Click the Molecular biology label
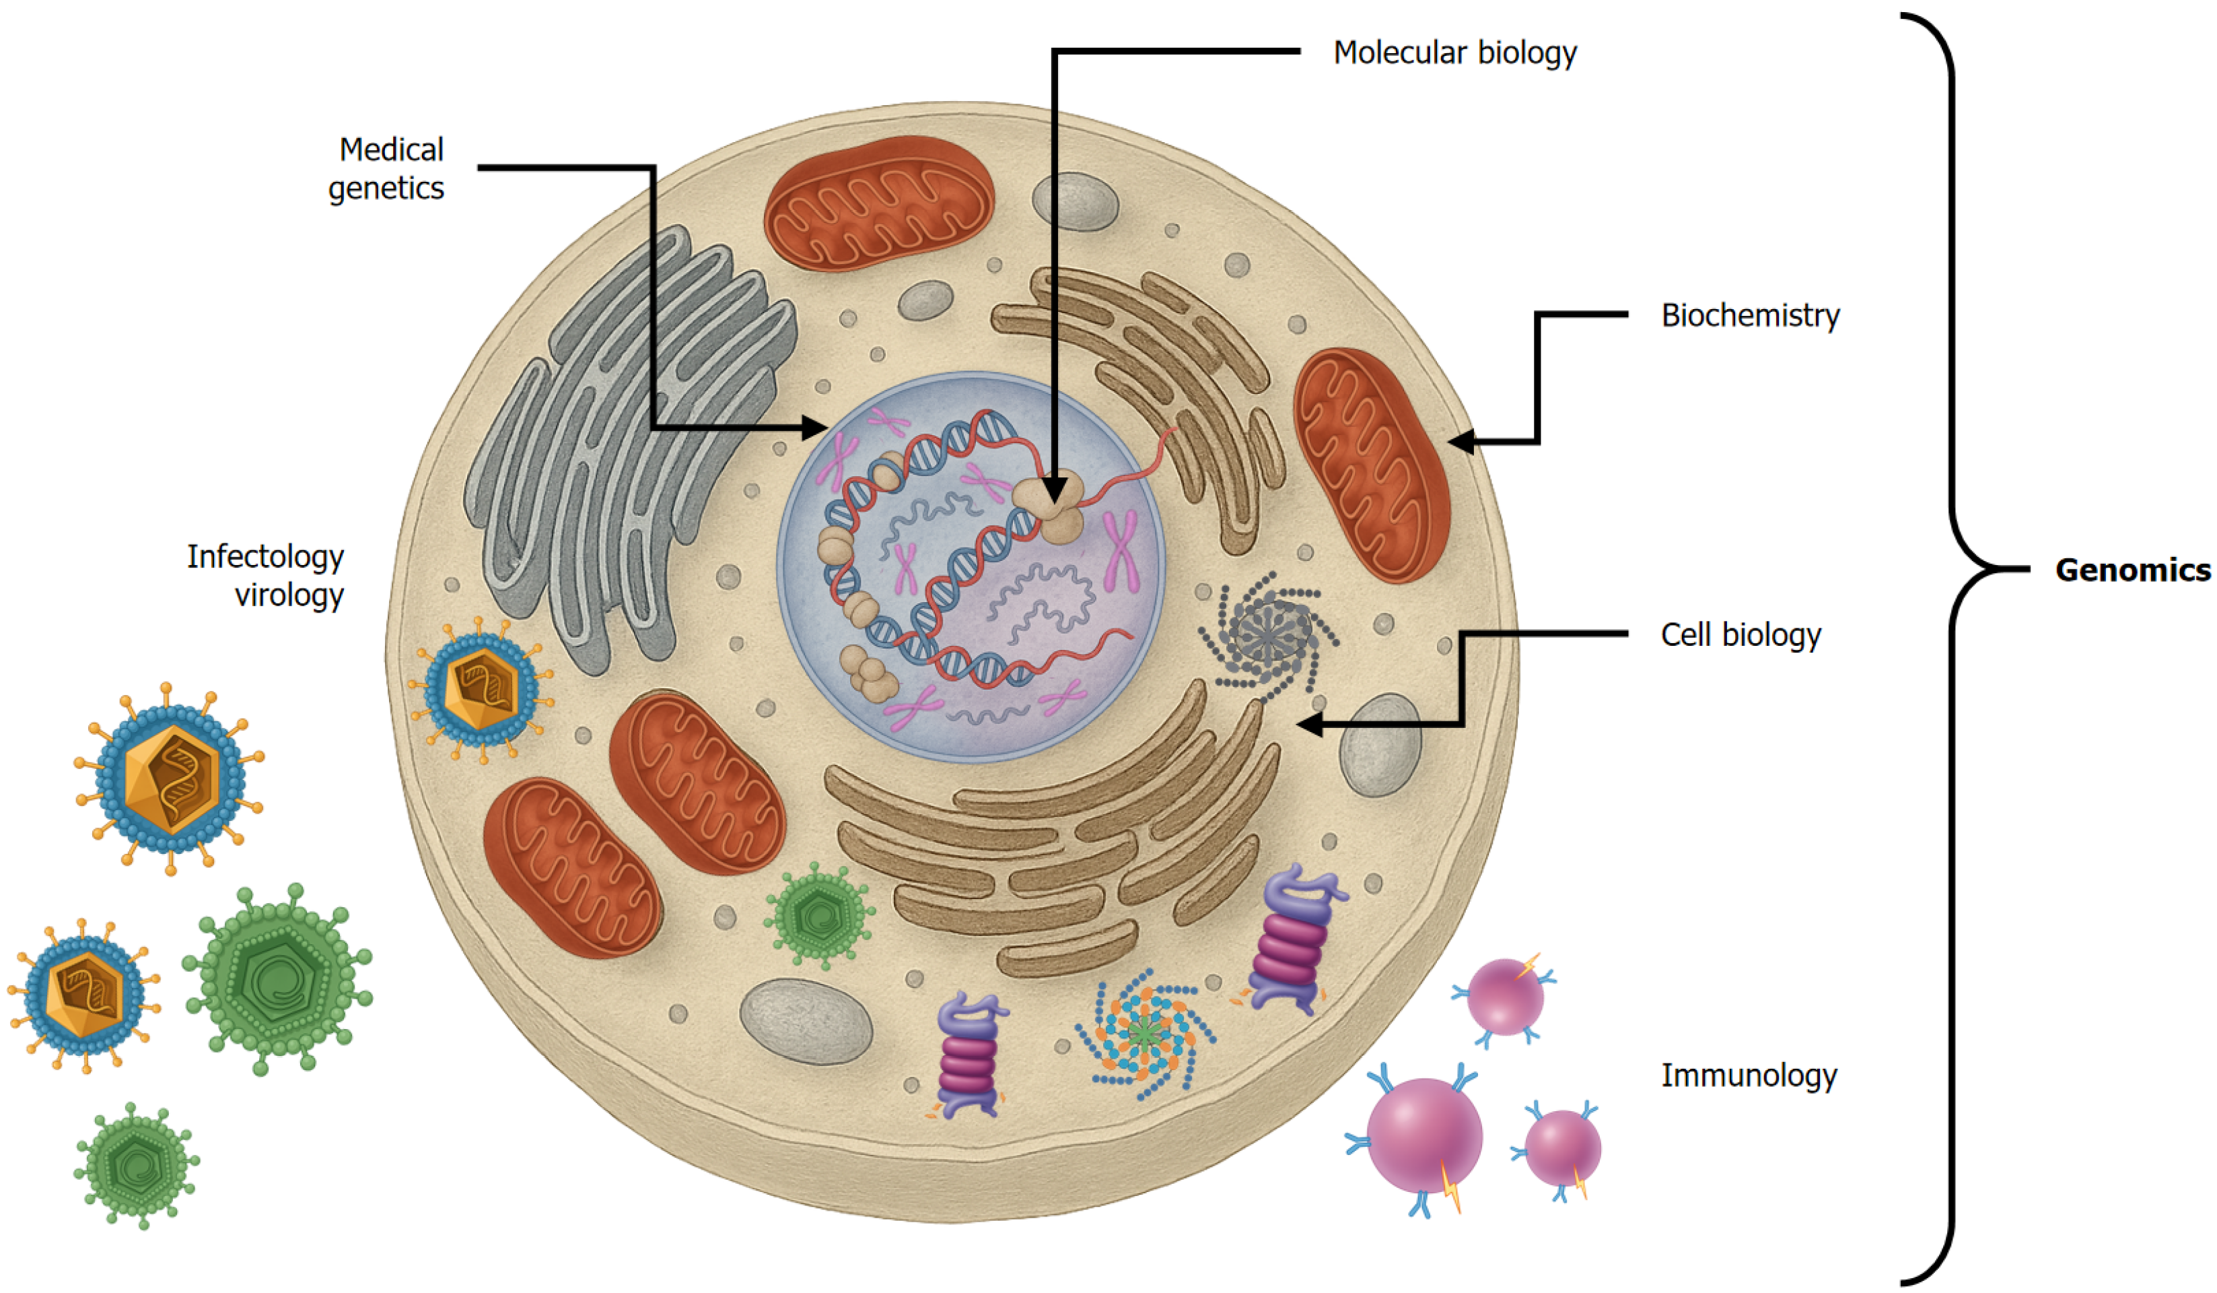click(1454, 53)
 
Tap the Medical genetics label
click(387, 168)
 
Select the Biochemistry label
click(1750, 315)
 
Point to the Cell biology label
click(1740, 634)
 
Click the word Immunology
click(1748, 1075)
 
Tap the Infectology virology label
click(266, 574)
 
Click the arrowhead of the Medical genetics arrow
click(818, 429)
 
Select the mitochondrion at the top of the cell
click(878, 203)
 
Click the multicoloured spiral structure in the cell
click(1143, 1034)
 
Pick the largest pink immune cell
click(1423, 1135)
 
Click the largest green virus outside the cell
click(278, 978)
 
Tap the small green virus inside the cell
click(819, 915)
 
